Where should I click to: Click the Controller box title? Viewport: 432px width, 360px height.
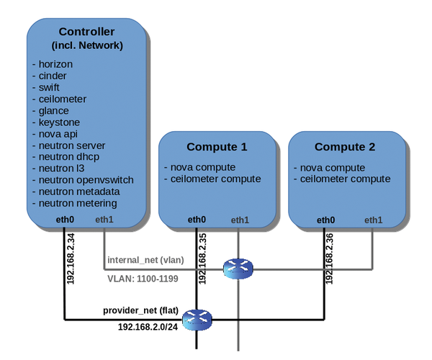(x=86, y=32)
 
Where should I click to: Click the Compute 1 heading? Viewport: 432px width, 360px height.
(x=217, y=147)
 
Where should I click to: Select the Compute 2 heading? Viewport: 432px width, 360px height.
(x=346, y=147)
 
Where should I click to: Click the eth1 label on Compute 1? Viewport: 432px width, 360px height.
(x=239, y=220)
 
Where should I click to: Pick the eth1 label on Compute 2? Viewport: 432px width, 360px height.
(x=373, y=220)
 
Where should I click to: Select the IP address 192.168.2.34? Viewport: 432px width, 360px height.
(x=71, y=258)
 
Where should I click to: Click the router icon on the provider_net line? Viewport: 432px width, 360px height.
(x=196, y=319)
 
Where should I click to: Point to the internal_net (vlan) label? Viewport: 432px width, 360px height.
(x=143, y=259)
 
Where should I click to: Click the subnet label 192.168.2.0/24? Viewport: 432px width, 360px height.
(x=147, y=326)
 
